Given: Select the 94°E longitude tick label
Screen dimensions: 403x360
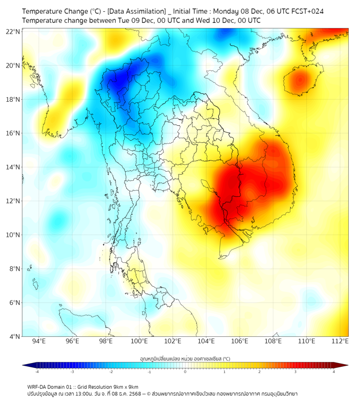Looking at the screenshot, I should tap(39, 341).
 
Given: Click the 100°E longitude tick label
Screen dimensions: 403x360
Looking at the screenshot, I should tap(139, 341).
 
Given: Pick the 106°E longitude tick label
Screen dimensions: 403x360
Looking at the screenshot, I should tap(240, 341).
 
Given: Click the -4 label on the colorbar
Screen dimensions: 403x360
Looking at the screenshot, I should tap(37, 372).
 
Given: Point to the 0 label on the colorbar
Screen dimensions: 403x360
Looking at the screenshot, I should tap(185, 372).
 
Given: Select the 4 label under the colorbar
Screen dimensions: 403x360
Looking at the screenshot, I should tap(333, 372).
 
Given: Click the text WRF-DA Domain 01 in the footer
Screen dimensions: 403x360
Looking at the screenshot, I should tap(51, 386).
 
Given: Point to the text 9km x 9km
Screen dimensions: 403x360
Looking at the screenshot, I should tap(125, 386).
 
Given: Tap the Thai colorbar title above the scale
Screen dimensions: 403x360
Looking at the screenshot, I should tap(185, 358).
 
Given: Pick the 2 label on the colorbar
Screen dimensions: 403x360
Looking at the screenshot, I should tap(259, 372).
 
